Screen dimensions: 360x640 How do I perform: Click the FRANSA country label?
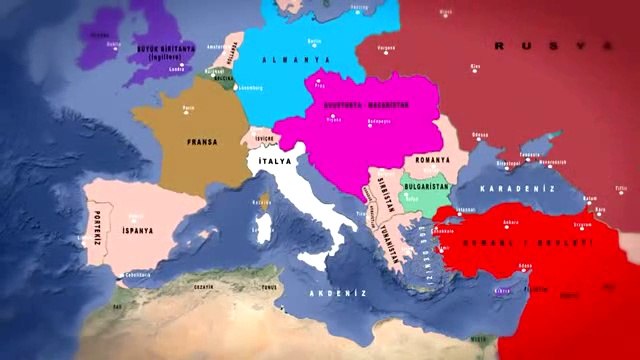(202, 143)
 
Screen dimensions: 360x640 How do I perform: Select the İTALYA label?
(273, 162)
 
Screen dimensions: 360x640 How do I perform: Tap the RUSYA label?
(550, 46)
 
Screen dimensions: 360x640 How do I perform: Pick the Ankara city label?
(511, 222)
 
